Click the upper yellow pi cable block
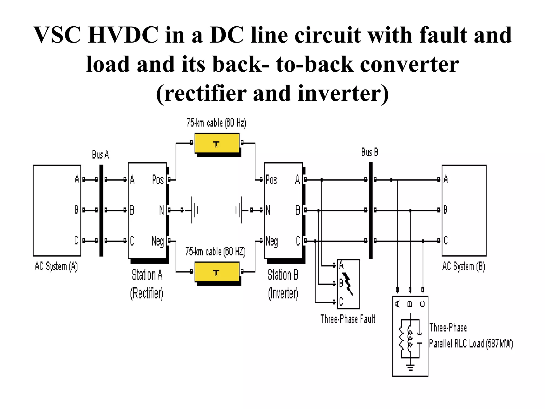(x=217, y=144)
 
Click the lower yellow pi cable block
(x=217, y=272)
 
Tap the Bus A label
(x=100, y=154)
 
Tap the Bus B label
(x=369, y=152)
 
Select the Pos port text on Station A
(x=158, y=180)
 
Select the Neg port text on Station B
(x=272, y=241)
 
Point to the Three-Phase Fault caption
(x=348, y=319)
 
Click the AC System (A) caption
(x=56, y=266)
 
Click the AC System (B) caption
(x=464, y=266)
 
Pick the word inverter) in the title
(x=343, y=93)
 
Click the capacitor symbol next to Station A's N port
(x=194, y=210)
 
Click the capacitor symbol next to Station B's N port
(x=239, y=210)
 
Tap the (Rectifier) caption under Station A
(x=147, y=293)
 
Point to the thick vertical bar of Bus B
(x=370, y=210)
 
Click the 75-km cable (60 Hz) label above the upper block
(x=216, y=123)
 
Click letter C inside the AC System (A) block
(x=76, y=240)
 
